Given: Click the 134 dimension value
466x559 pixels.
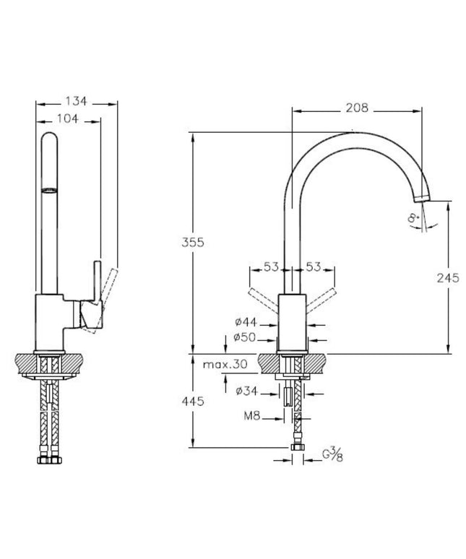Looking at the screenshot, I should (74, 102).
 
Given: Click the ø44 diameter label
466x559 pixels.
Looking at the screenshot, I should (243, 322).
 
